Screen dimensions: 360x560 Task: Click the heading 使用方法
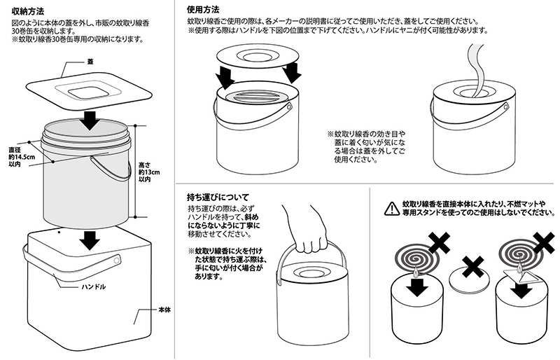coord(203,11)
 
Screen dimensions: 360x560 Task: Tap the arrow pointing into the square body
coord(88,240)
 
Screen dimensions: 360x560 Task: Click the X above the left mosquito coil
coord(439,242)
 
